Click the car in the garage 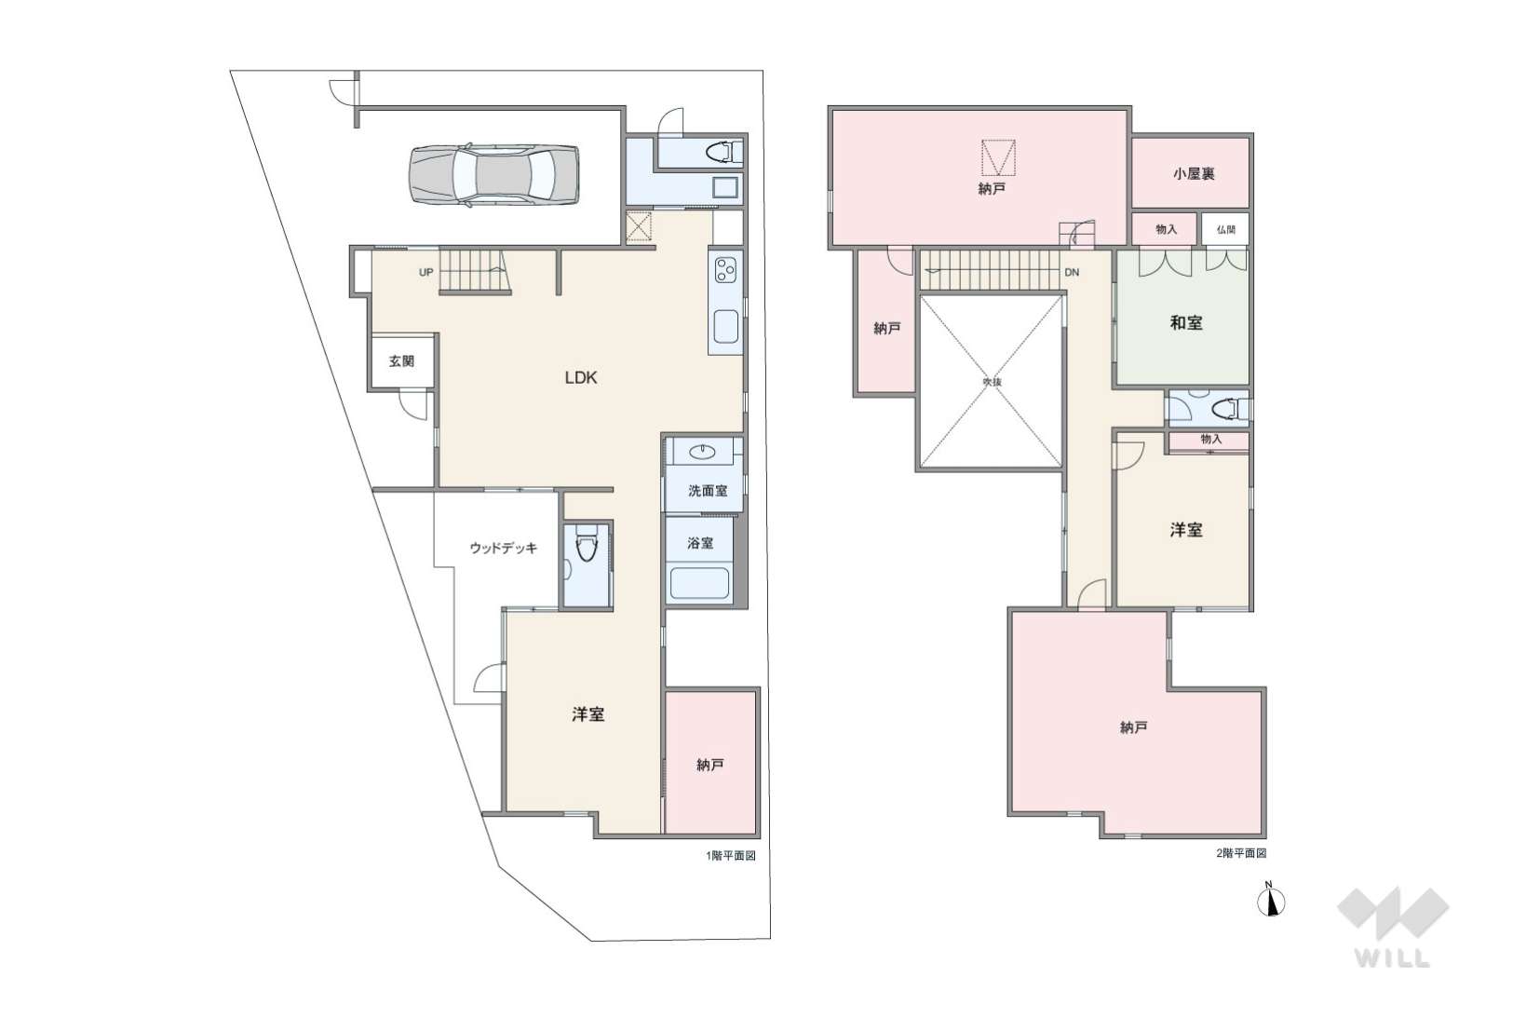pyautogui.click(x=493, y=174)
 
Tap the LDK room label pyautogui.click(x=581, y=377)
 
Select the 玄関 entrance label pyautogui.click(x=401, y=361)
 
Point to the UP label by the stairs pyautogui.click(x=425, y=273)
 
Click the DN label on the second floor pyautogui.click(x=1072, y=273)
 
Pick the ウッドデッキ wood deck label pyautogui.click(x=504, y=548)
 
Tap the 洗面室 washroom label pyautogui.click(x=708, y=491)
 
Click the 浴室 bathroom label pyautogui.click(x=700, y=543)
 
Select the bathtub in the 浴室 pyautogui.click(x=699, y=583)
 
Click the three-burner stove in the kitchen pyautogui.click(x=725, y=270)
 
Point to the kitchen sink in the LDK pyautogui.click(x=725, y=326)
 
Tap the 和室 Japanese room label pyautogui.click(x=1186, y=323)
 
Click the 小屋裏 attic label pyautogui.click(x=1194, y=174)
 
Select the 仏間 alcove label pyautogui.click(x=1225, y=230)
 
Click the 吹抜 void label pyautogui.click(x=992, y=382)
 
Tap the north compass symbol pyautogui.click(x=1271, y=902)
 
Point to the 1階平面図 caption pyautogui.click(x=731, y=856)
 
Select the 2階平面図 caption pyautogui.click(x=1241, y=853)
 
